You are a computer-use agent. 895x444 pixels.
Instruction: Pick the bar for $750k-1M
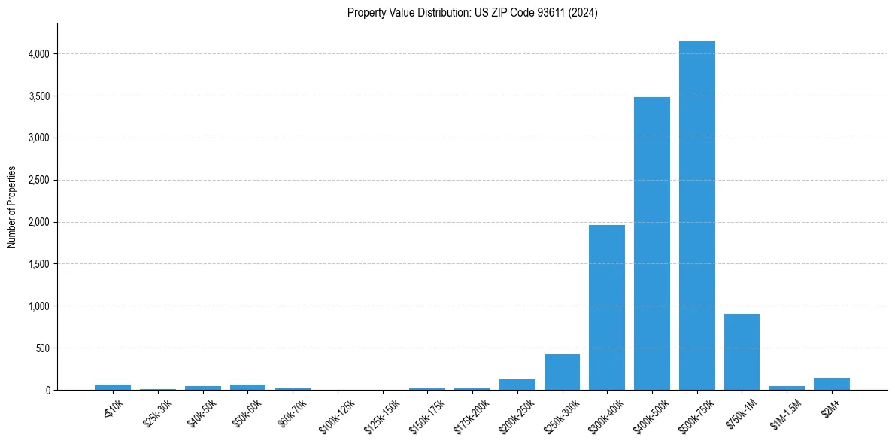[742, 351]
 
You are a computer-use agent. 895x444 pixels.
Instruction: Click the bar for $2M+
[831, 384]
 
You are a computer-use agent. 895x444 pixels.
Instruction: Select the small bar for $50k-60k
[247, 387]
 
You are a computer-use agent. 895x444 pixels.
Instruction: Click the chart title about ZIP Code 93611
[472, 13]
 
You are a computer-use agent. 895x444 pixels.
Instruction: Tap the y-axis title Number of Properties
[12, 206]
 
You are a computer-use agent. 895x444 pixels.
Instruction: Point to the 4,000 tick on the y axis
[39, 54]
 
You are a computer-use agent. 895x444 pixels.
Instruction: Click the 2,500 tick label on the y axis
[39, 181]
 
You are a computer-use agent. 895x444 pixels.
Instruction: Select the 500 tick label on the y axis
[44, 348]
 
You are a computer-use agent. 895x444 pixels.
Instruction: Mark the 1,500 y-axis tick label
[39, 264]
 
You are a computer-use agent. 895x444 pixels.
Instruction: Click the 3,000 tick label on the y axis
[39, 138]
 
